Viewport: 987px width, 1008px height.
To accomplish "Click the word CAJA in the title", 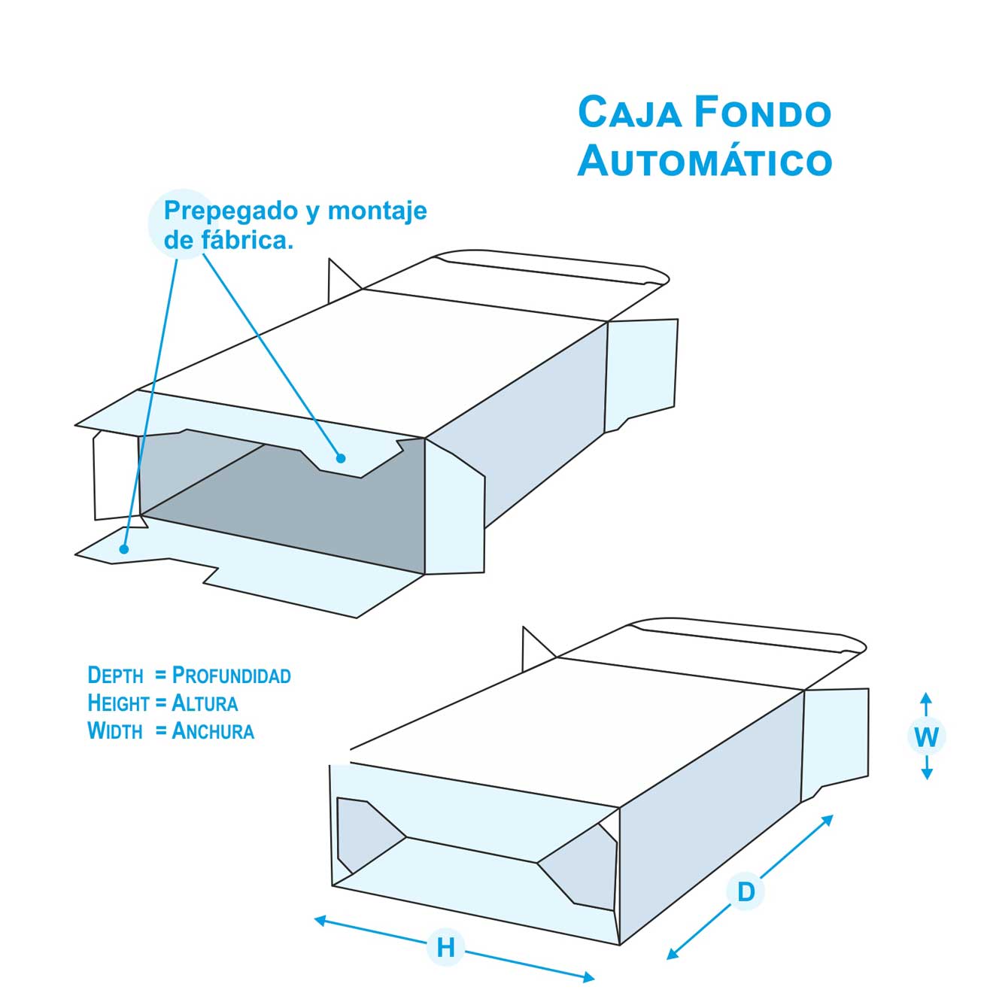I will tap(630, 113).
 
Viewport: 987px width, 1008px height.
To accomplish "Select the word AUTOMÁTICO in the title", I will tap(704, 161).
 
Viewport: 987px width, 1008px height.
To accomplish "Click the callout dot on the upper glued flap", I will tap(341, 457).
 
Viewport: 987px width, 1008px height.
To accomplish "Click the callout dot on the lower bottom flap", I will tap(124, 549).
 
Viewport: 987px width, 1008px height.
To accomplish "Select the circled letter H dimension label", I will tap(445, 947).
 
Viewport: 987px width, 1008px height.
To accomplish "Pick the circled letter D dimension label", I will tap(745, 892).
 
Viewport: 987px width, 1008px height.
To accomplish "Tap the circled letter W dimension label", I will tap(926, 736).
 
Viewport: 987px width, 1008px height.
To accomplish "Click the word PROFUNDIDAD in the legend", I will tap(231, 675).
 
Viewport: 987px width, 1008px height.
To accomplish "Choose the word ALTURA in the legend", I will tap(205, 703).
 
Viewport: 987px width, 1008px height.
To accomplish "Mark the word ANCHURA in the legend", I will tap(213, 730).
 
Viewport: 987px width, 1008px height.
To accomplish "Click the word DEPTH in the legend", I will tap(115, 675).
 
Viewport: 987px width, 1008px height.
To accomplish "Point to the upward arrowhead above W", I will tap(926, 698).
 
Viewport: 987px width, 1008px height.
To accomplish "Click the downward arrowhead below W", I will tap(927, 774).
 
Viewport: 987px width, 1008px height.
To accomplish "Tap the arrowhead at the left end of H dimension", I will tap(319, 919).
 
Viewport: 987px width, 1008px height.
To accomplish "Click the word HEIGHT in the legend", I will tap(119, 703).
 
